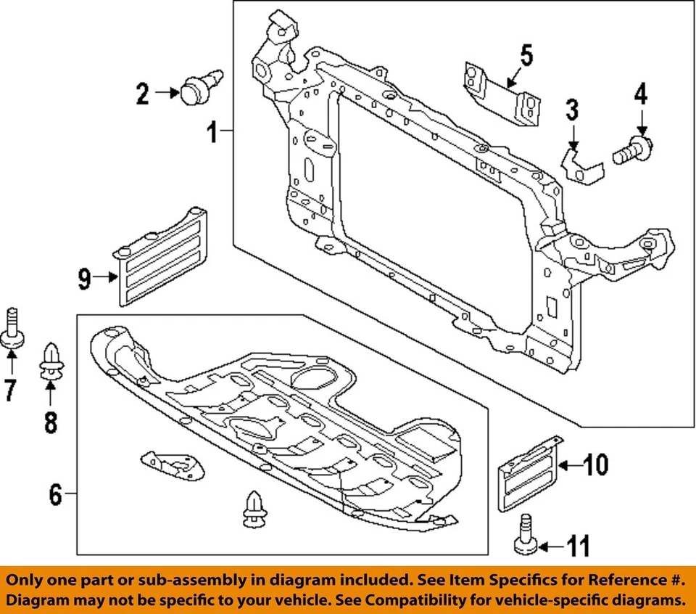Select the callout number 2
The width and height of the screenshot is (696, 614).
tap(142, 93)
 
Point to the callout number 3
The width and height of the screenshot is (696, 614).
tap(572, 110)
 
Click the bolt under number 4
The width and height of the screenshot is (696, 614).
tap(632, 151)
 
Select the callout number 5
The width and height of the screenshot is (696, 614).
tap(526, 54)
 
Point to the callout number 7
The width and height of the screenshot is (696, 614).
tap(10, 390)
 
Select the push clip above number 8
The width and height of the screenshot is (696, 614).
tap(51, 361)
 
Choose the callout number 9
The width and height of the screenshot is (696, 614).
tap(85, 278)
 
